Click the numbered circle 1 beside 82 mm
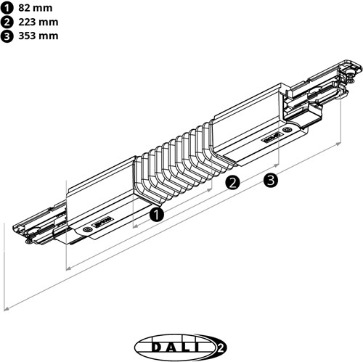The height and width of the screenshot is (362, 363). point(7,8)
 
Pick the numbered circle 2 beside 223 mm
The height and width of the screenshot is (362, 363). point(7,22)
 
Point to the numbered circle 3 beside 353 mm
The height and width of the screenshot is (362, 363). point(7,36)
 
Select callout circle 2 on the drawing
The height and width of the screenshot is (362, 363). point(233,183)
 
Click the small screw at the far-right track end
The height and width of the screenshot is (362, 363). point(352,71)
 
